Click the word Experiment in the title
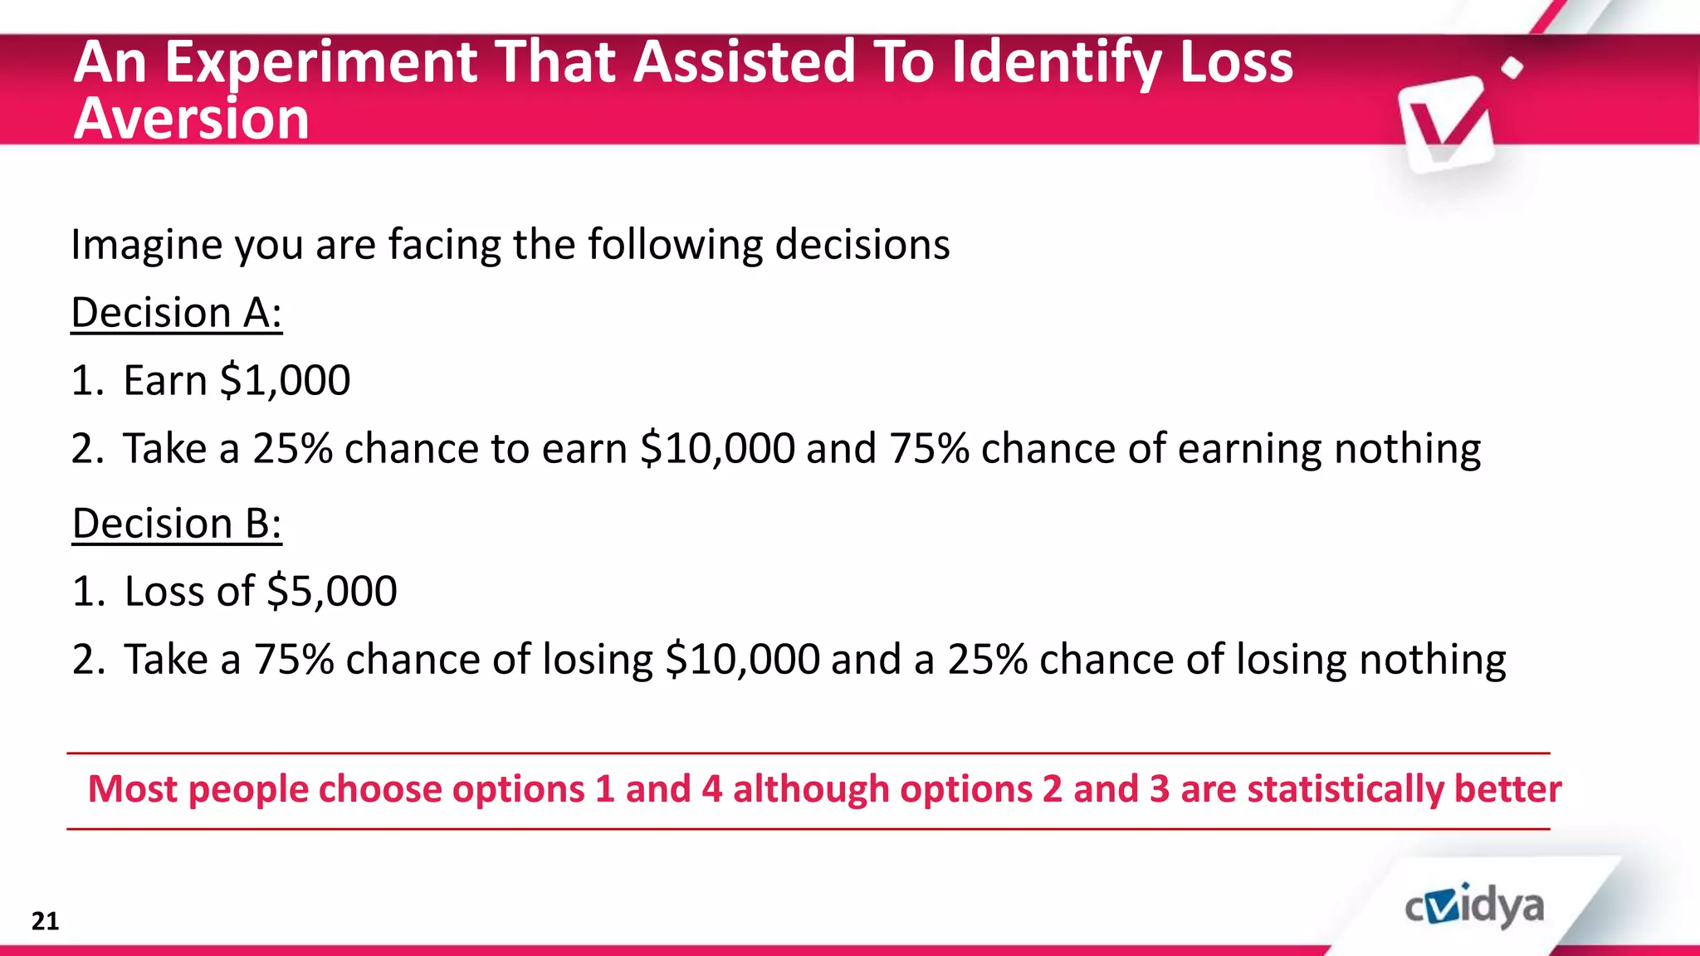click(320, 62)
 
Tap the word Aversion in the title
click(192, 119)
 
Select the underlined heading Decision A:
click(177, 313)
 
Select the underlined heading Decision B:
click(177, 524)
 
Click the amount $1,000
click(285, 381)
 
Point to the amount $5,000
click(332, 592)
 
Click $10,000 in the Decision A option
click(718, 449)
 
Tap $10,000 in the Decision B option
click(743, 660)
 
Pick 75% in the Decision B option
click(294, 660)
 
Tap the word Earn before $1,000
click(165, 381)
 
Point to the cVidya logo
click(1474, 907)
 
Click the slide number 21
click(45, 921)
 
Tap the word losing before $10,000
click(598, 660)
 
